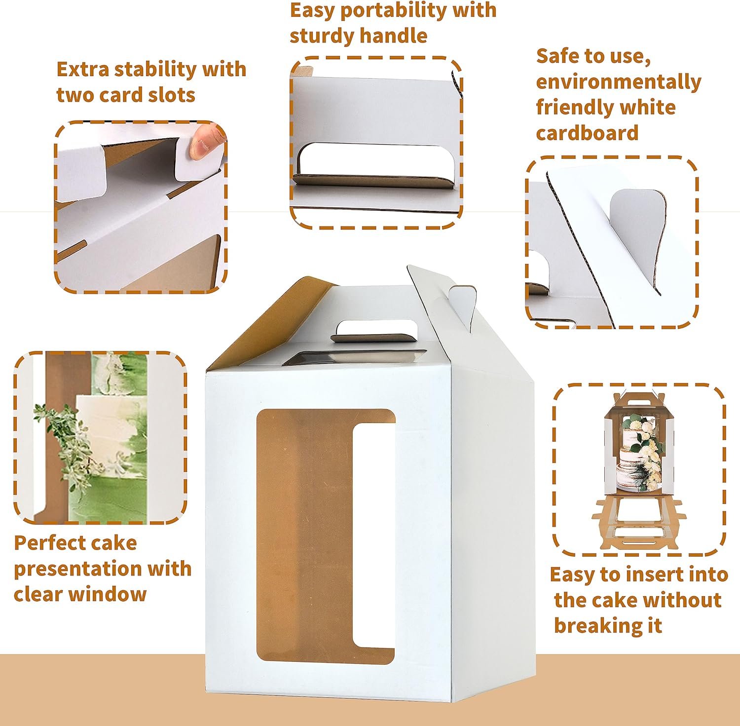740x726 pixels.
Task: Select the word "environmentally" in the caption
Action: point(618,82)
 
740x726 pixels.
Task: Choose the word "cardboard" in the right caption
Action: point(587,133)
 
